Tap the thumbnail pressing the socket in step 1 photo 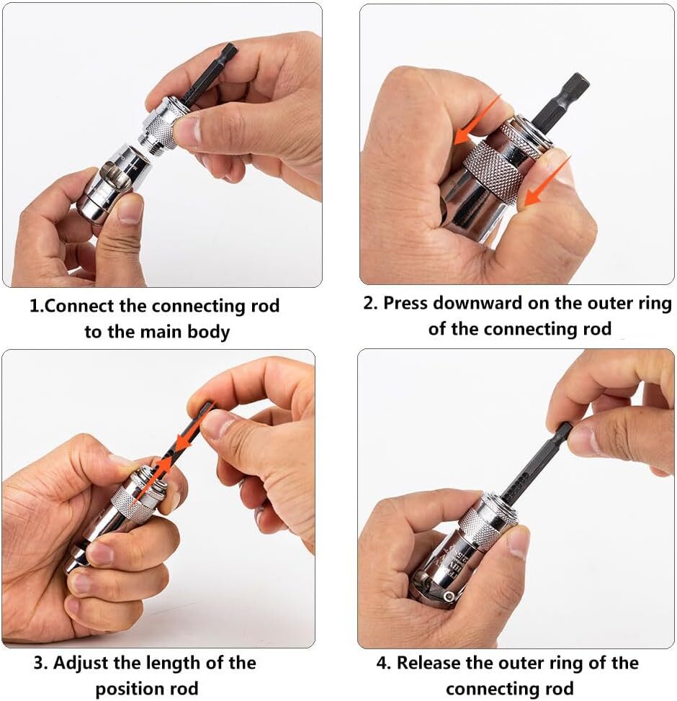(129, 209)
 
